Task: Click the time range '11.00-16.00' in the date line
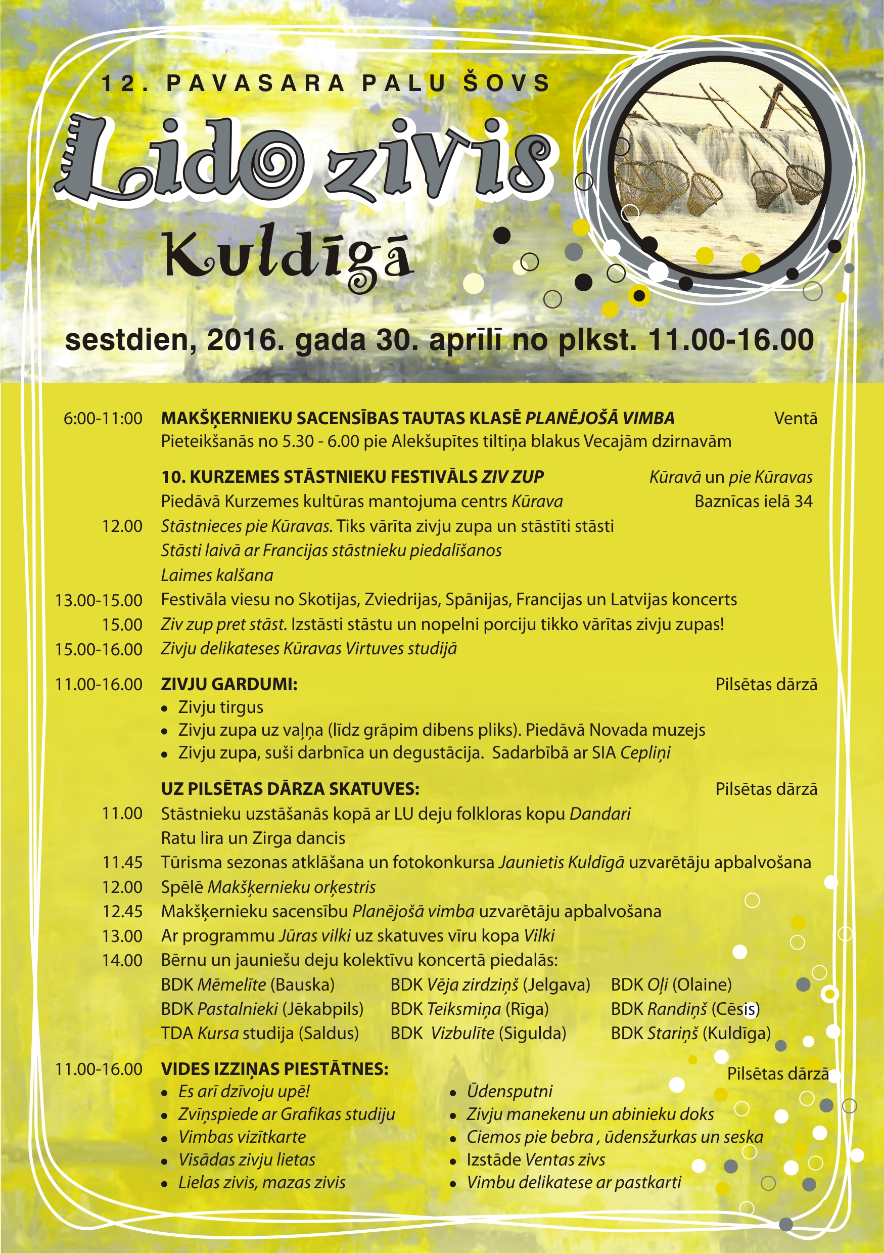[x=730, y=340]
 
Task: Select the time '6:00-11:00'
[x=103, y=419]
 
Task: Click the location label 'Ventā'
[x=796, y=419]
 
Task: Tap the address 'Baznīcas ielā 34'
[x=753, y=502]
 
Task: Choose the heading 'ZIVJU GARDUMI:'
[x=229, y=684]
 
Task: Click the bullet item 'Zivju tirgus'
[x=220, y=707]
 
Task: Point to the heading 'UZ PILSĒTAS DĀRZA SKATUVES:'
[x=290, y=789]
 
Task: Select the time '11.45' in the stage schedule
[x=122, y=863]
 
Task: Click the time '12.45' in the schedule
[x=122, y=912]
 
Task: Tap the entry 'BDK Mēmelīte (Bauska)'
[x=247, y=984]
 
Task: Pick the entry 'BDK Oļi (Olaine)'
[x=671, y=984]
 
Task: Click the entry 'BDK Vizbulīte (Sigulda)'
[x=478, y=1034]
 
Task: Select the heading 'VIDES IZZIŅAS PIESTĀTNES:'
[x=274, y=1069]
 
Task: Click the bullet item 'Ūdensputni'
[x=509, y=1092]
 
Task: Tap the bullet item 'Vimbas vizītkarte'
[x=242, y=1137]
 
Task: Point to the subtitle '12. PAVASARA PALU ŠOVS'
[x=325, y=83]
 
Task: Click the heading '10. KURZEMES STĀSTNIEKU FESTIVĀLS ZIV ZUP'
[x=352, y=477]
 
